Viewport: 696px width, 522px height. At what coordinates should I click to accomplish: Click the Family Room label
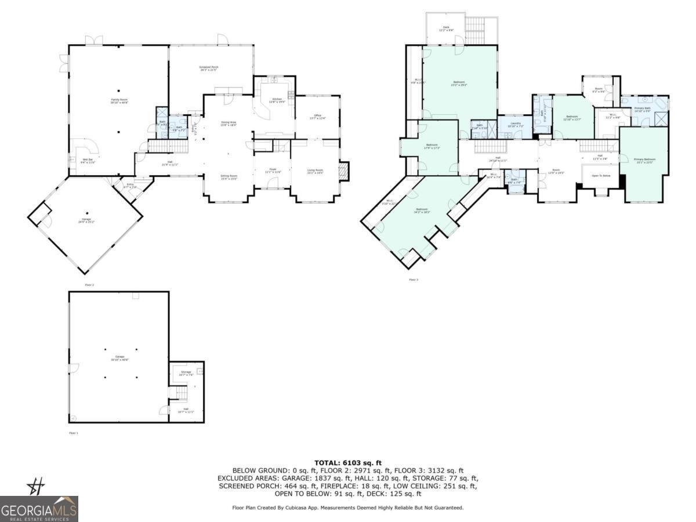pyautogui.click(x=119, y=100)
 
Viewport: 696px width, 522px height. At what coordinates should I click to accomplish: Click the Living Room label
pyautogui.click(x=315, y=171)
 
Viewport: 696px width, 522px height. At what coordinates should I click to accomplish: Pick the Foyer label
pyautogui.click(x=273, y=171)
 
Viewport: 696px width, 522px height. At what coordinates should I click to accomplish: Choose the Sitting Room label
pyautogui.click(x=229, y=177)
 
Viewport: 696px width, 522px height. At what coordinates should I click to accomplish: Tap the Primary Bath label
pyautogui.click(x=642, y=109)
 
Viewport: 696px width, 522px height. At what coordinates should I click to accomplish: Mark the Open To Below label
pyautogui.click(x=600, y=175)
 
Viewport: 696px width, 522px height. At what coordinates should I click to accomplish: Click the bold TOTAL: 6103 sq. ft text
pyautogui.click(x=348, y=463)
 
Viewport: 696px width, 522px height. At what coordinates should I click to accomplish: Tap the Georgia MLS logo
pyautogui.click(x=39, y=509)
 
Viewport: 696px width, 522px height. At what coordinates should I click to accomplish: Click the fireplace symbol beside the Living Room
pyautogui.click(x=344, y=171)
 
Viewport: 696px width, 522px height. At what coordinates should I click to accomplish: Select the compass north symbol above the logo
pyautogui.click(x=36, y=485)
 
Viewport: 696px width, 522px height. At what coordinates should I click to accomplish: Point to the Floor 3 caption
pyautogui.click(x=413, y=280)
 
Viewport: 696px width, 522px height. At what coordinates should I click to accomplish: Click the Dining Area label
pyautogui.click(x=229, y=123)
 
